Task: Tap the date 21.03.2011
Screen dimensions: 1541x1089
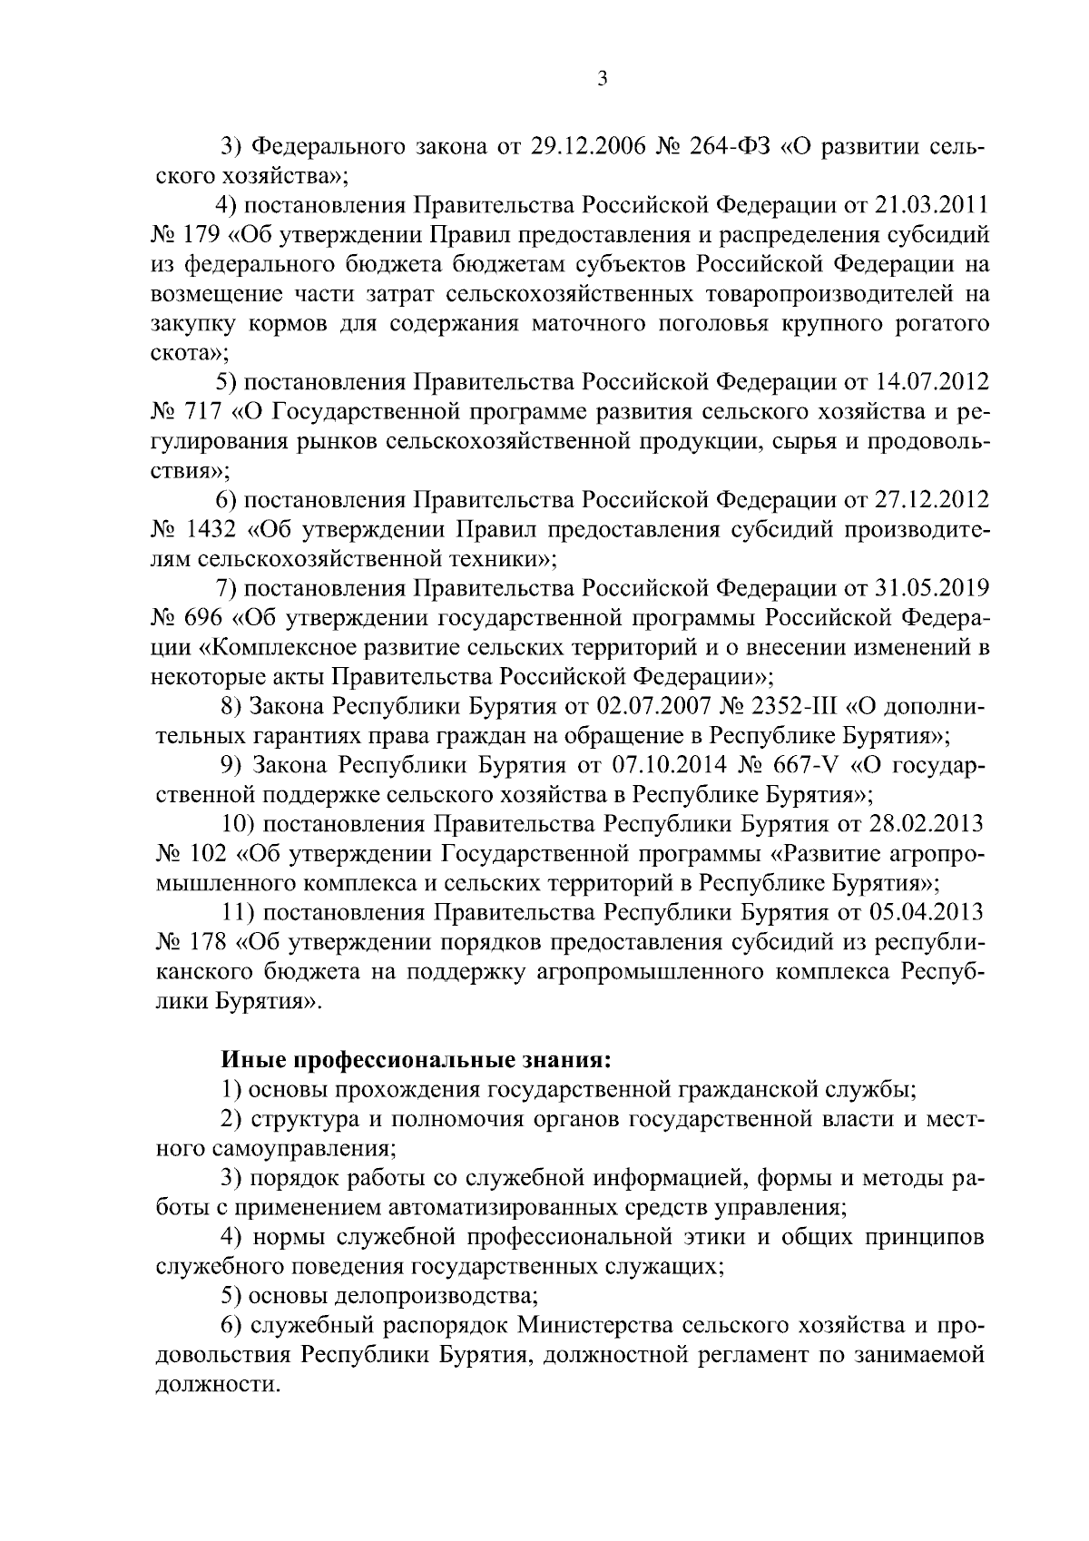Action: [x=935, y=205]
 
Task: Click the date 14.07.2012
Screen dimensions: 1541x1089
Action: [x=935, y=382]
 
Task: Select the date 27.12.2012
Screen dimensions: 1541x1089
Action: [x=935, y=500]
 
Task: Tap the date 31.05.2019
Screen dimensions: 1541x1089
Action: [x=935, y=589]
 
